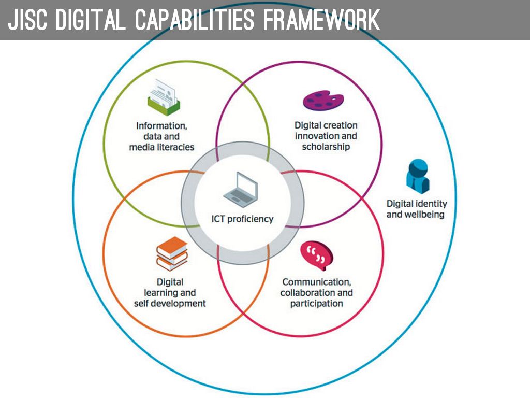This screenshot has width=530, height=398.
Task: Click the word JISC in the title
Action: (27, 20)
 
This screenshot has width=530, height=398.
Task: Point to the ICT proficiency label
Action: (242, 219)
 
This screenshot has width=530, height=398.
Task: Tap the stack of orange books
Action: (172, 253)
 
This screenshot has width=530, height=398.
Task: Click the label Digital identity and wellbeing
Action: (416, 209)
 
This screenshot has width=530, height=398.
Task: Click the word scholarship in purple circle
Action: (326, 147)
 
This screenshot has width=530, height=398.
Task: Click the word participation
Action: (316, 303)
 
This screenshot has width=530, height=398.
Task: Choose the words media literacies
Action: (161, 147)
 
